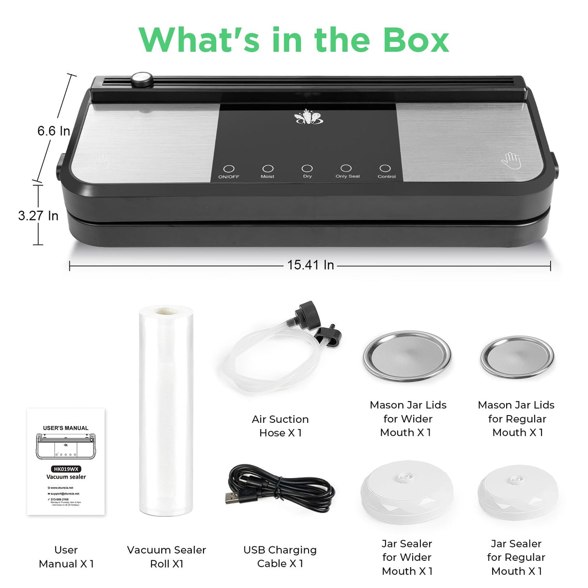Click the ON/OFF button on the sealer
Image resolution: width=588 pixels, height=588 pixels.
(229, 169)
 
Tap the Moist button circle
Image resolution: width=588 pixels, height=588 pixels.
(268, 169)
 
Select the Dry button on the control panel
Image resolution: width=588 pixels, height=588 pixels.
(307, 168)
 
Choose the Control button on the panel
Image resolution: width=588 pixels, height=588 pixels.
(385, 168)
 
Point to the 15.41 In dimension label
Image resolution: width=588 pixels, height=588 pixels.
(310, 265)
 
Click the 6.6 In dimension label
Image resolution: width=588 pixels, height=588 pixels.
(54, 131)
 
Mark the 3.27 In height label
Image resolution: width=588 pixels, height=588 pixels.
(38, 216)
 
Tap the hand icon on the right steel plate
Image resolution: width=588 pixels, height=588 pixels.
(511, 160)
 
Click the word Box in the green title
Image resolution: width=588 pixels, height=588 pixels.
(416, 40)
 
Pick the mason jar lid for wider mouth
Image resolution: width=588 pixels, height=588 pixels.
(407, 356)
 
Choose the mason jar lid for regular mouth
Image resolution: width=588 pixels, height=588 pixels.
(517, 357)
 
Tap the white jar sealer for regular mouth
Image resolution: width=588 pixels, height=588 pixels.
(517, 492)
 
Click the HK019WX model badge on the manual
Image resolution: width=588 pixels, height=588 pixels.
(66, 469)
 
